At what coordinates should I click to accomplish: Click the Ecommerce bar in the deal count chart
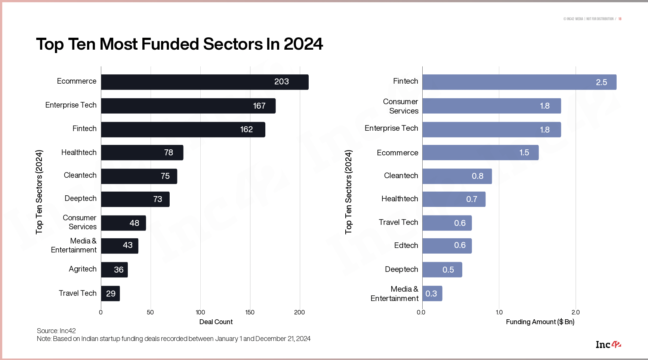click(x=204, y=82)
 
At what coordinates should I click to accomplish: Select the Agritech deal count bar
click(x=114, y=270)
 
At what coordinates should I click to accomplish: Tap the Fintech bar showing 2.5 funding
click(x=519, y=82)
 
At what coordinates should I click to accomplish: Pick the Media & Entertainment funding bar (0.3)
click(x=432, y=294)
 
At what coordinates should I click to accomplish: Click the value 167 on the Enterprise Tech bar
click(x=259, y=106)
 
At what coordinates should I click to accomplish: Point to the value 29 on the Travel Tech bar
click(x=111, y=294)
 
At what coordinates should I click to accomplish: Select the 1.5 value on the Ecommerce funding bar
click(x=524, y=153)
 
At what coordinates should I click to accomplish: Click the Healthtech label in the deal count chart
click(x=79, y=152)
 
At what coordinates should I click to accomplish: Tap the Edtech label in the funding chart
click(x=406, y=245)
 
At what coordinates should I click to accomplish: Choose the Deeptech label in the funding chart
click(x=401, y=269)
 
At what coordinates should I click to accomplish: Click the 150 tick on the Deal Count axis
click(x=250, y=312)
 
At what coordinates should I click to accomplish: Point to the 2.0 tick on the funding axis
click(x=576, y=312)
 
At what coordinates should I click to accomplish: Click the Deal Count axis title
click(x=216, y=322)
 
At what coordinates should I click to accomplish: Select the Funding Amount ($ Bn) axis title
click(x=540, y=322)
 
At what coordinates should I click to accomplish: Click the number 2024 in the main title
click(x=303, y=44)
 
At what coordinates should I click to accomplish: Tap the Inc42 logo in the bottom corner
click(x=608, y=345)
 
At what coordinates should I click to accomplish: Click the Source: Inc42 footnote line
click(x=56, y=331)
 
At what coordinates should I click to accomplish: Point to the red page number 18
click(x=620, y=19)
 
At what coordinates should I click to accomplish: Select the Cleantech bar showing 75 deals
click(x=139, y=176)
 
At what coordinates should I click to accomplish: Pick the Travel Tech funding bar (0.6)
click(x=447, y=223)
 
